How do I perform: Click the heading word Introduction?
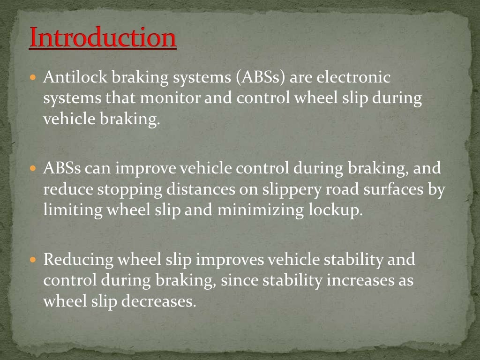pyautogui.click(x=103, y=38)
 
